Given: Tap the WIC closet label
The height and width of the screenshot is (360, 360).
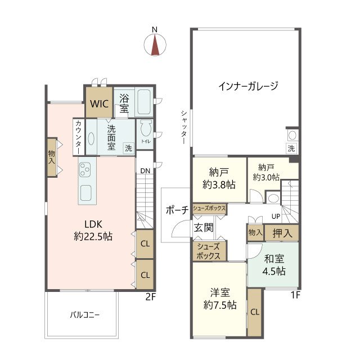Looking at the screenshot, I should (x=99, y=103).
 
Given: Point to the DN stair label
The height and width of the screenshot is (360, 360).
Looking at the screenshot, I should (x=144, y=170).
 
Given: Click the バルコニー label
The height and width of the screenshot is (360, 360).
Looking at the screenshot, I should (x=84, y=316).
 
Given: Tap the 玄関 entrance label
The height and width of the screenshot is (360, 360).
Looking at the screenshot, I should (x=203, y=228).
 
